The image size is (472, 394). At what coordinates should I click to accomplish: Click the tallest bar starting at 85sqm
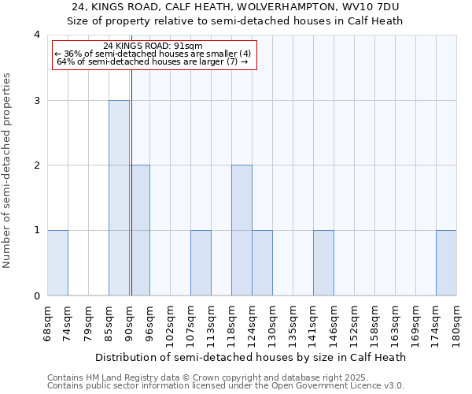tap(119, 198)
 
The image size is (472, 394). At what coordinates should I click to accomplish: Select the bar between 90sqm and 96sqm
tap(140, 230)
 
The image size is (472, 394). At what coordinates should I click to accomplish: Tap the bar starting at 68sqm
tap(57, 263)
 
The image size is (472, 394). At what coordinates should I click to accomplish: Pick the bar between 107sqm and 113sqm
tap(201, 263)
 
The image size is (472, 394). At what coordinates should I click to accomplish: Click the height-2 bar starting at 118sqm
tap(242, 230)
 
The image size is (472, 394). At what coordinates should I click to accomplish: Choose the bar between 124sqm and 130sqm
tap(262, 263)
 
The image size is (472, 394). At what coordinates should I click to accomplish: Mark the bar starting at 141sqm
tap(323, 263)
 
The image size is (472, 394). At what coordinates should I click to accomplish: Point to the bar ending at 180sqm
tap(446, 263)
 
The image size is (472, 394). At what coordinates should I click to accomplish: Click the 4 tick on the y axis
tap(36, 35)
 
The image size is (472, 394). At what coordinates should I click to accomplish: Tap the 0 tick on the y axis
tap(36, 296)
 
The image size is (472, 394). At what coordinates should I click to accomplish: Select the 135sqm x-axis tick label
tap(293, 323)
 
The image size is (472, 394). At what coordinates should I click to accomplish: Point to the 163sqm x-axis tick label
tap(395, 323)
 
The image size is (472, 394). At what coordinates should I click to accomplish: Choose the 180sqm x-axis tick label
tap(456, 323)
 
